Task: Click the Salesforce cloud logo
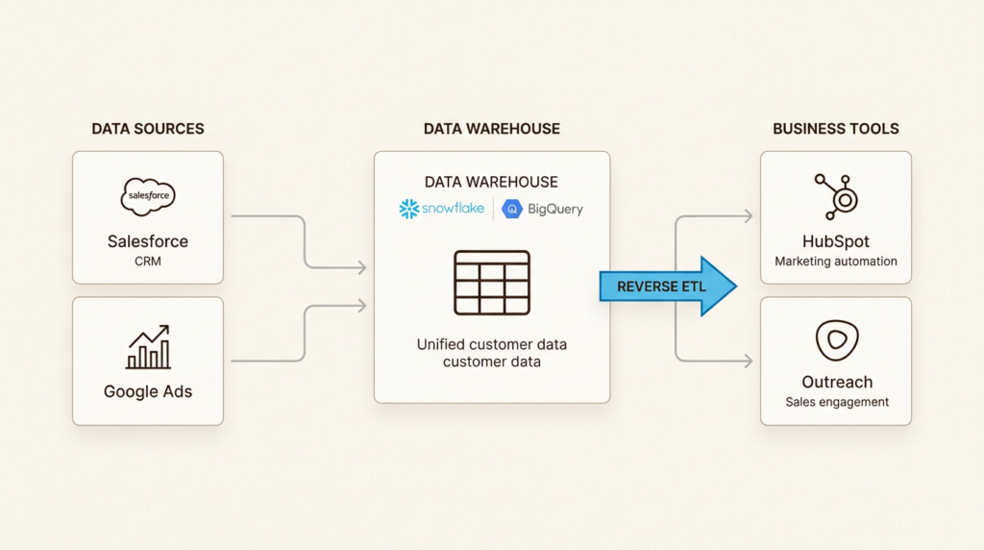click(148, 197)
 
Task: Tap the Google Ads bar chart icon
click(148, 347)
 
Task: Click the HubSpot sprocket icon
click(835, 196)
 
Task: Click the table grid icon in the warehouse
click(491, 283)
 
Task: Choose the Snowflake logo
click(442, 208)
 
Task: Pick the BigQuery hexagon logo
click(512, 209)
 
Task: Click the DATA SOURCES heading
click(148, 129)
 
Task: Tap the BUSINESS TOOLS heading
click(836, 129)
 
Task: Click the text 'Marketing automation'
click(836, 262)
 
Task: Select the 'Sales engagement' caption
click(836, 402)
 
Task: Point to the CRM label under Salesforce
click(148, 261)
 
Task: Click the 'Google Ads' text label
click(148, 391)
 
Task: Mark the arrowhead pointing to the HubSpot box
click(748, 216)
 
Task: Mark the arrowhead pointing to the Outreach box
click(748, 362)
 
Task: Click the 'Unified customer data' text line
click(491, 344)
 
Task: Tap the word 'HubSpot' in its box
click(836, 241)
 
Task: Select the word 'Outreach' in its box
click(836, 382)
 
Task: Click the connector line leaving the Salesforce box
click(269, 216)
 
